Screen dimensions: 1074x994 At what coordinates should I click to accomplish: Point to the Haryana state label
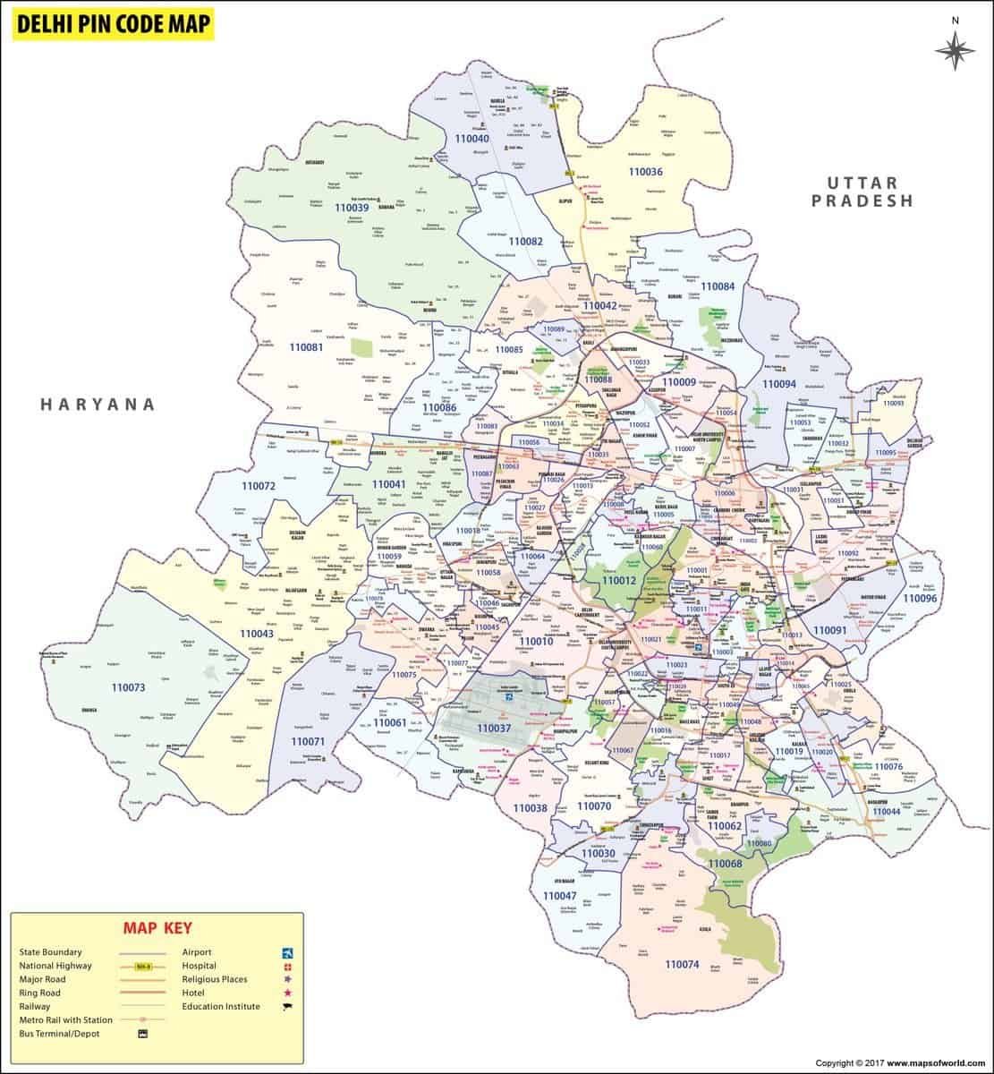pyautogui.click(x=98, y=405)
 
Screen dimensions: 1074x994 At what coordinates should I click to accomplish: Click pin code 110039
pyautogui.click(x=351, y=208)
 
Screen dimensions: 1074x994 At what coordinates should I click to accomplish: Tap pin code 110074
pyautogui.click(x=682, y=964)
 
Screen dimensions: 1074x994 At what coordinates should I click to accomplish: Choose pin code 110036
pyautogui.click(x=645, y=172)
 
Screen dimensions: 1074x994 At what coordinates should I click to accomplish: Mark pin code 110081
pyautogui.click(x=306, y=346)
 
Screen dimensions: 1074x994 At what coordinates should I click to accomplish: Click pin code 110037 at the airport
pyautogui.click(x=494, y=729)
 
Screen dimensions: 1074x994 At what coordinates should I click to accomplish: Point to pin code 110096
pyautogui.click(x=919, y=598)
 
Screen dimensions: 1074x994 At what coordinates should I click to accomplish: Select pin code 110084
pyautogui.click(x=718, y=286)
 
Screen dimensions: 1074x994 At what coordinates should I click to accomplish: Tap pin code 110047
pyautogui.click(x=559, y=895)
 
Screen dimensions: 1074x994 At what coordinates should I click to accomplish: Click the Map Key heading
pyautogui.click(x=157, y=928)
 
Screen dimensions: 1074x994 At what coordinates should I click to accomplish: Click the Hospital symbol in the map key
pyautogui.click(x=288, y=967)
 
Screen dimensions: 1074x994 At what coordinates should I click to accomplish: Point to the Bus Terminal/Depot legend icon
pyautogui.click(x=141, y=1034)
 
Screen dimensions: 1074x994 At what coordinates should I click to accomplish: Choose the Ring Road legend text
pyautogui.click(x=40, y=993)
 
